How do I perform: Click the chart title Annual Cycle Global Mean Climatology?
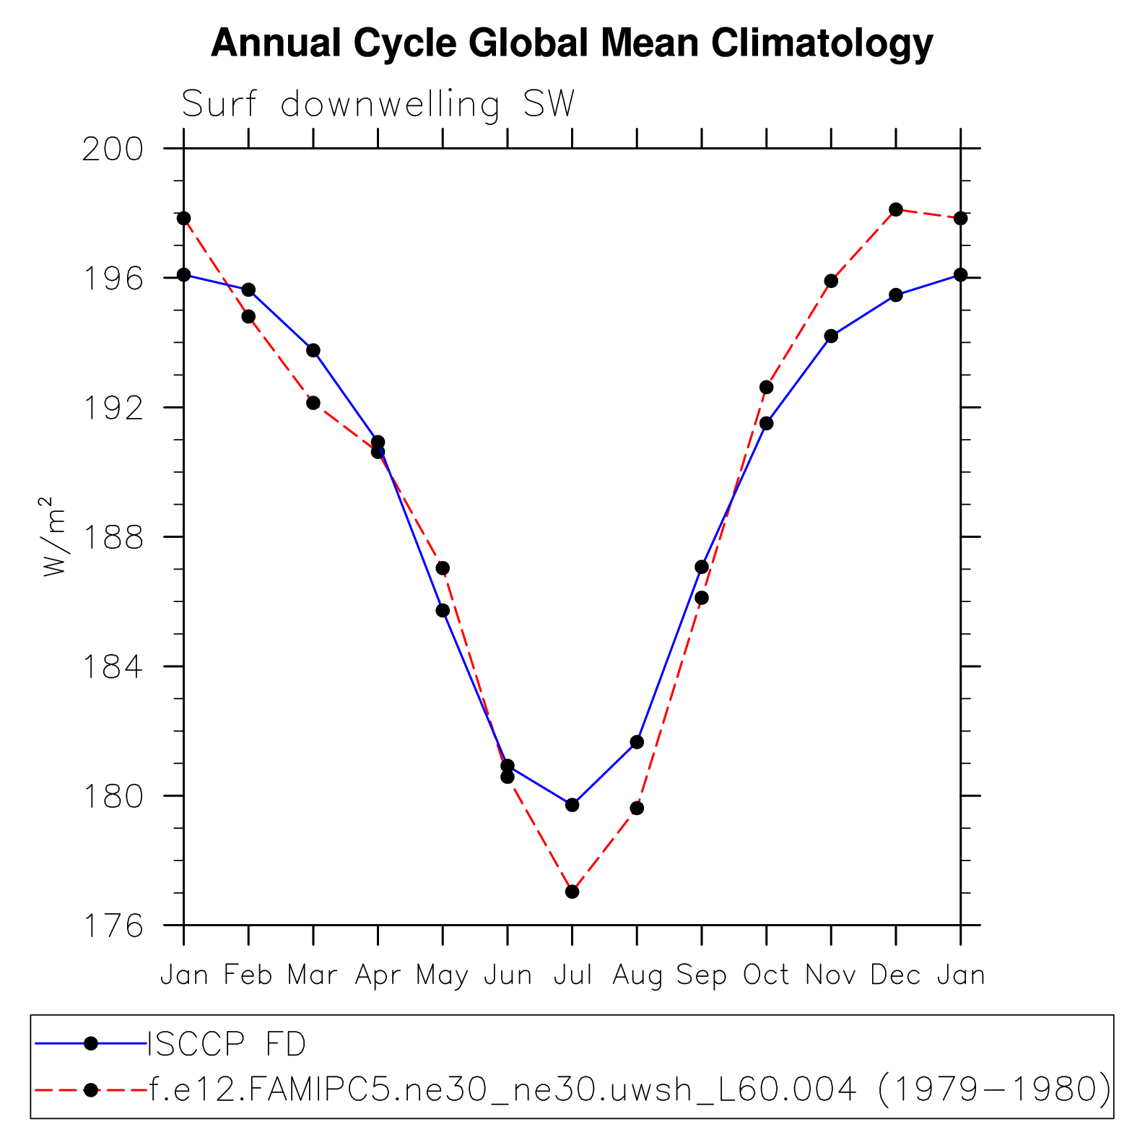pyautogui.click(x=572, y=43)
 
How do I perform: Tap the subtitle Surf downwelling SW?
pyautogui.click(x=378, y=105)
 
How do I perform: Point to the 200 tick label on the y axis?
pyautogui.click(x=113, y=149)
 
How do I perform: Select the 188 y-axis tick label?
pyautogui.click(x=113, y=538)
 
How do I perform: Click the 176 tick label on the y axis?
pyautogui.click(x=113, y=926)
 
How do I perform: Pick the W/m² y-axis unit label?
pyautogui.click(x=54, y=536)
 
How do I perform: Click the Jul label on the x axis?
pyautogui.click(x=572, y=975)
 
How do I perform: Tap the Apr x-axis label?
pyautogui.click(x=378, y=975)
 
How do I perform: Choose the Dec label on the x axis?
pyautogui.click(x=896, y=975)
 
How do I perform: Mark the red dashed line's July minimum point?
pyautogui.click(x=572, y=892)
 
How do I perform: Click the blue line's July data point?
pyautogui.click(x=572, y=805)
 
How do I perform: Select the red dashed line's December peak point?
pyautogui.click(x=896, y=209)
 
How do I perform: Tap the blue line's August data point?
pyautogui.click(x=637, y=742)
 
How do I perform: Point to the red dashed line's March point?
pyautogui.click(x=313, y=403)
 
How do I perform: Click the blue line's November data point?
pyautogui.click(x=831, y=336)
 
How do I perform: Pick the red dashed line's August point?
pyautogui.click(x=637, y=808)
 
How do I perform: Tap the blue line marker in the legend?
pyautogui.click(x=91, y=1043)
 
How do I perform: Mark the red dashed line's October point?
pyautogui.click(x=767, y=388)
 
